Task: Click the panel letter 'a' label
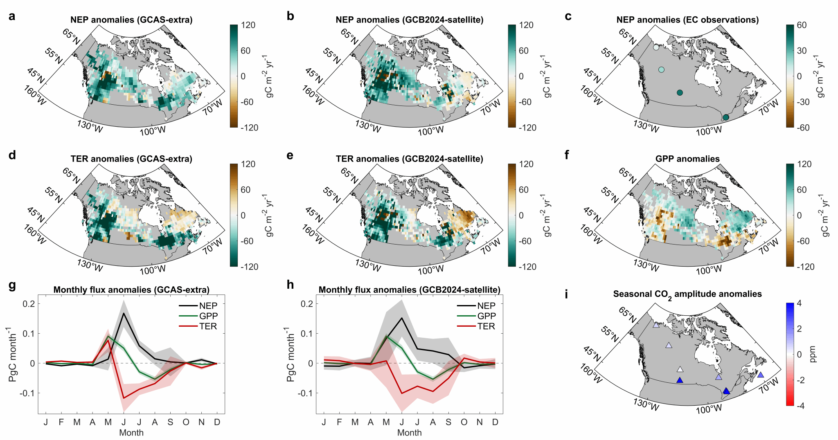[x=12, y=16]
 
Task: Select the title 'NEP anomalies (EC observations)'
[x=687, y=20]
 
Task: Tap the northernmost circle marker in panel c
[x=656, y=47]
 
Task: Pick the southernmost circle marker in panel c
[x=725, y=117]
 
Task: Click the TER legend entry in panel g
[x=208, y=326]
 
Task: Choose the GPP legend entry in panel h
[x=487, y=316]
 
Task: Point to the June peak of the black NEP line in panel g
[x=124, y=313]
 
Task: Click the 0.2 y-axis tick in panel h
[x=306, y=303]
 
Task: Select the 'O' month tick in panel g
[x=186, y=422]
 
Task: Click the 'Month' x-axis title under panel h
[x=409, y=433]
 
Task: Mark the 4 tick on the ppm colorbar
[x=799, y=303]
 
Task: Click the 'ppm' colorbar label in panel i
[x=813, y=354]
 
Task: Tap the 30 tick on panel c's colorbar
[x=802, y=51]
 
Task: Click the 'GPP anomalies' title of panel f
[x=687, y=159]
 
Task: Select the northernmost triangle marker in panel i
[x=656, y=325]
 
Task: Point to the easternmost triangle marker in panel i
[x=760, y=375]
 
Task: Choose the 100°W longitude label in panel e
[x=431, y=270]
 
